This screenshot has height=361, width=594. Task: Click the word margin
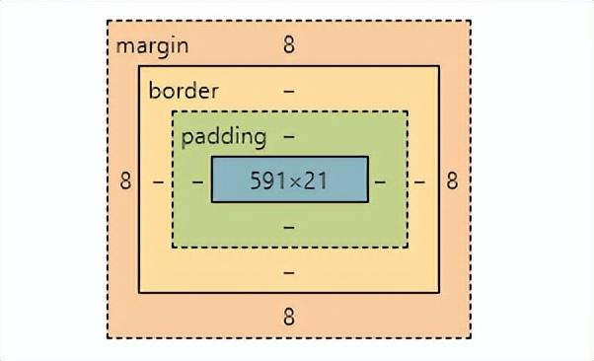(152, 46)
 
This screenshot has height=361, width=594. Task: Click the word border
(184, 91)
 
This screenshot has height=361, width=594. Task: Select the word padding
(224, 136)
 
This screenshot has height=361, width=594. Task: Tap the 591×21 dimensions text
(289, 181)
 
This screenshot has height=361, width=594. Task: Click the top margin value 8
(289, 45)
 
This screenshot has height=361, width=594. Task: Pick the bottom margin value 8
(289, 317)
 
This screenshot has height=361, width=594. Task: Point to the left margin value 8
(125, 181)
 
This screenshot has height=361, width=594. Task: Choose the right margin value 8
(452, 181)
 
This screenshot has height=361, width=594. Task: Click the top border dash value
(289, 91)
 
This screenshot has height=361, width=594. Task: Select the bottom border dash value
(289, 271)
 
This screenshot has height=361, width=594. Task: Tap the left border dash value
(158, 181)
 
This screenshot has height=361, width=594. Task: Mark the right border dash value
(419, 181)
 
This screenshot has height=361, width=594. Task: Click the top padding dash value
(289, 136)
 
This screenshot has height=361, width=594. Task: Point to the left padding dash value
(197, 181)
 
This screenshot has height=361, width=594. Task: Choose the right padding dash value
(381, 181)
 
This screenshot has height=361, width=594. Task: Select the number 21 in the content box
(316, 181)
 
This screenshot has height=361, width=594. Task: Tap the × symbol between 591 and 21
(296, 182)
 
